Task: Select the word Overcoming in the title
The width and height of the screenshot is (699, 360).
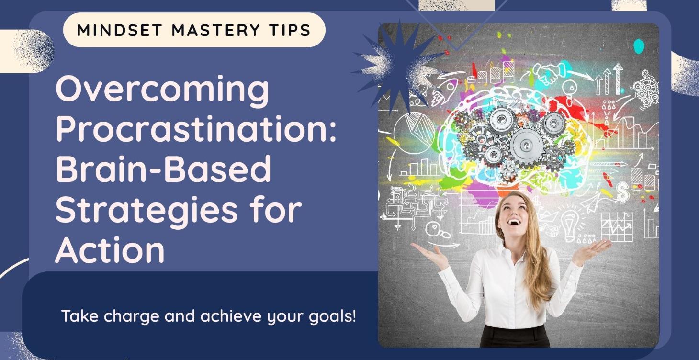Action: pyautogui.click(x=162, y=90)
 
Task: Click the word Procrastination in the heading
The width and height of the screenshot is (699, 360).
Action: pyautogui.click(x=196, y=130)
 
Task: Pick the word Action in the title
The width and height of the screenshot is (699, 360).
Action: pyautogui.click(x=110, y=250)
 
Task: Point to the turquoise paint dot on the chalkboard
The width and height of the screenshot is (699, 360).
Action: pyautogui.click(x=639, y=46)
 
